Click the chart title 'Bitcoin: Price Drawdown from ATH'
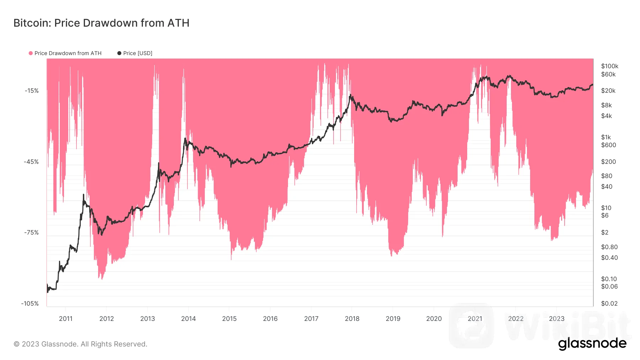click(101, 23)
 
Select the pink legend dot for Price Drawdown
click(31, 53)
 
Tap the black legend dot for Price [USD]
click(119, 53)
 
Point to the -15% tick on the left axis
click(32, 91)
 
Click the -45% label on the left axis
click(31, 162)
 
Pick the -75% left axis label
click(31, 232)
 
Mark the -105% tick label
click(30, 303)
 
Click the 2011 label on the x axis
click(66, 318)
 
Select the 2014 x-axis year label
click(188, 318)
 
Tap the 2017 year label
click(311, 318)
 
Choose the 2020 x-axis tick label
click(434, 318)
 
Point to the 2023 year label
click(556, 318)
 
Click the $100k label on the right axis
click(609, 66)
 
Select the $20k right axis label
click(608, 91)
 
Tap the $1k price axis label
click(606, 137)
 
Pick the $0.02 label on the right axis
click(609, 303)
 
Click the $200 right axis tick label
click(608, 162)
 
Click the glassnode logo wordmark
click(592, 344)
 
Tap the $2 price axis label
click(604, 232)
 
